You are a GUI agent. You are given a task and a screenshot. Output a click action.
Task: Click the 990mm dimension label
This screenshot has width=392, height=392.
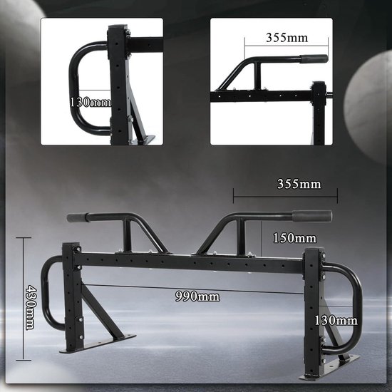coord(197,296)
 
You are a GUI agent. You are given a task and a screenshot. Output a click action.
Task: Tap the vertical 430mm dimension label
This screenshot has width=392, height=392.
coord(31,307)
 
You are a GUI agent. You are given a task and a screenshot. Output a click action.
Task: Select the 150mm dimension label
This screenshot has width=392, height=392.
coord(294,238)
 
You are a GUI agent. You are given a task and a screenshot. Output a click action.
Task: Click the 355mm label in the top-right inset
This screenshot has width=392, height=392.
coord(287,38)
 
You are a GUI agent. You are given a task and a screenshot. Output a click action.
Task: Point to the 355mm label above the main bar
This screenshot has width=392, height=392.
coord(299,184)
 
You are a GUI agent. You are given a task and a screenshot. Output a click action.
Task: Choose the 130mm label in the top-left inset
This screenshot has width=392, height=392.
coord(90,102)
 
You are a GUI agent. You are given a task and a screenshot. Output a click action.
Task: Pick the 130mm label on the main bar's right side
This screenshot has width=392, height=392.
coord(336,321)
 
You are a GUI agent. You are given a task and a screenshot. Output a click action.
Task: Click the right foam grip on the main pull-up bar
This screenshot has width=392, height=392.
coord(312,217)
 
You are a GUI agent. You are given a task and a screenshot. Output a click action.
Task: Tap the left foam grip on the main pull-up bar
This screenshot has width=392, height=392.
coord(77,217)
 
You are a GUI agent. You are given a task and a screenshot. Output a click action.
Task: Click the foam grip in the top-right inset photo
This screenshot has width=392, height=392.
coord(314,58)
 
